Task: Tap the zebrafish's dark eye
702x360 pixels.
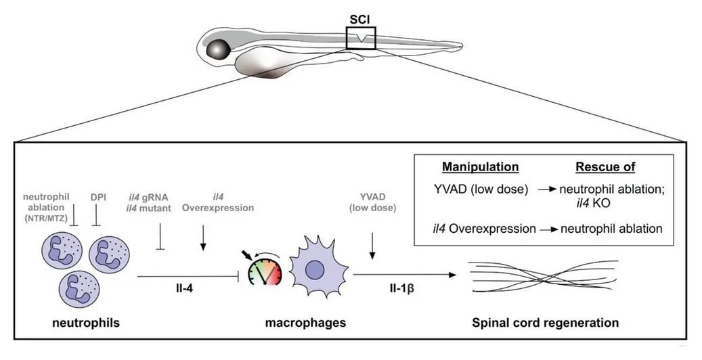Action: pyautogui.click(x=219, y=49)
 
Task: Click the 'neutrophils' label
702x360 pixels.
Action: pyautogui.click(x=86, y=323)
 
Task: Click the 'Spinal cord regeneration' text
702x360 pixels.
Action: pyautogui.click(x=544, y=323)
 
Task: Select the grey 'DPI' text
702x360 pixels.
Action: pyautogui.click(x=100, y=198)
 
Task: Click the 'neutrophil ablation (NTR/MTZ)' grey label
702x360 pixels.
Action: pyautogui.click(x=53, y=203)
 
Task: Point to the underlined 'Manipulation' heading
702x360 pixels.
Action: pyautogui.click(x=480, y=166)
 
